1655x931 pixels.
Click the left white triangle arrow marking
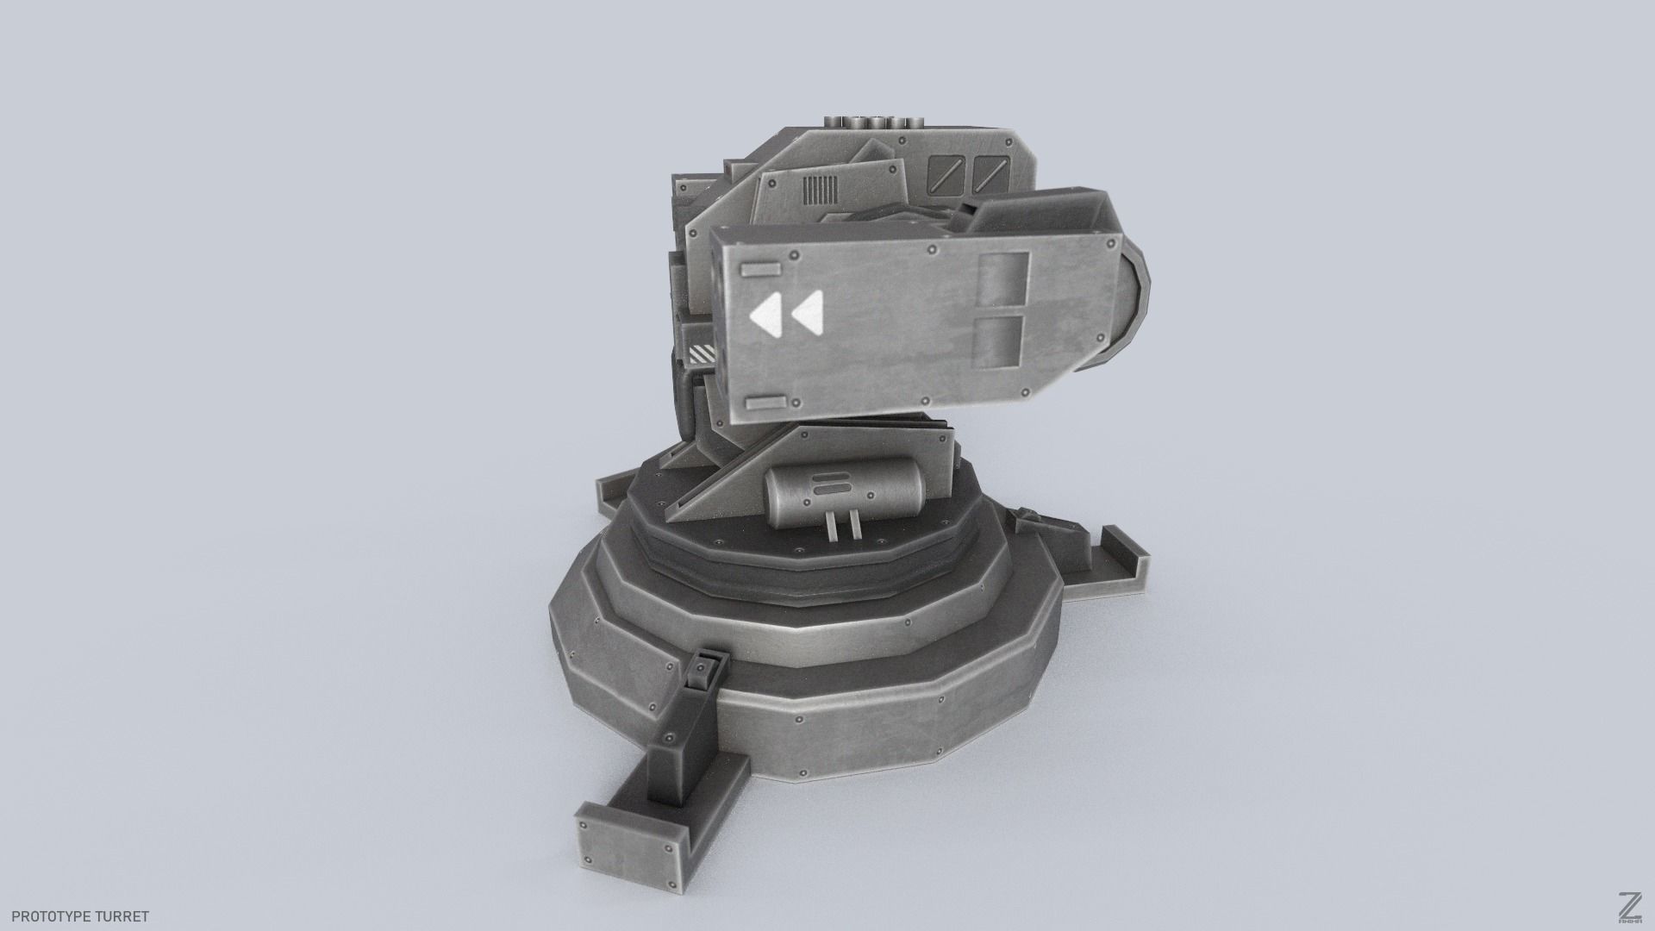(x=766, y=316)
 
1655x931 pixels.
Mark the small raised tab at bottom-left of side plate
(x=767, y=403)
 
